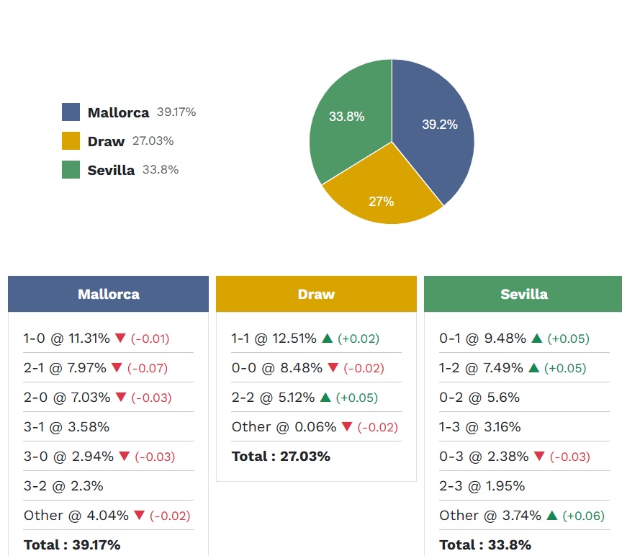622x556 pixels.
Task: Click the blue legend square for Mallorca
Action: (x=71, y=112)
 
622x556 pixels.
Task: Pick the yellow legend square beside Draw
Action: (x=71, y=141)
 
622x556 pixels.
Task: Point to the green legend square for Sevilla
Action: (x=71, y=170)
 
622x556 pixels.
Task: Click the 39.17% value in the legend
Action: (x=176, y=112)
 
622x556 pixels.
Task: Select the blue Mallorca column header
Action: (x=108, y=294)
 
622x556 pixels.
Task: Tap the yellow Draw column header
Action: (x=316, y=294)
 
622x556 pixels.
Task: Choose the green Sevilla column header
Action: (x=523, y=294)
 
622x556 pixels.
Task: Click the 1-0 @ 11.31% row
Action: (x=66, y=338)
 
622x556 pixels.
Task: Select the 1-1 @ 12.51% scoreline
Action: (x=274, y=338)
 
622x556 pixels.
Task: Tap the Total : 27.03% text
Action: (x=281, y=457)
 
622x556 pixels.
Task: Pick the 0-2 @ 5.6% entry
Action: (x=479, y=398)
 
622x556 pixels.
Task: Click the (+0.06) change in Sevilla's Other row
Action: (x=583, y=516)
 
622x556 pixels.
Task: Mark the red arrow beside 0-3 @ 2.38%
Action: (x=539, y=457)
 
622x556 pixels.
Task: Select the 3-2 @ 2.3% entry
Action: (x=63, y=486)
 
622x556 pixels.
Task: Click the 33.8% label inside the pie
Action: (x=346, y=117)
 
